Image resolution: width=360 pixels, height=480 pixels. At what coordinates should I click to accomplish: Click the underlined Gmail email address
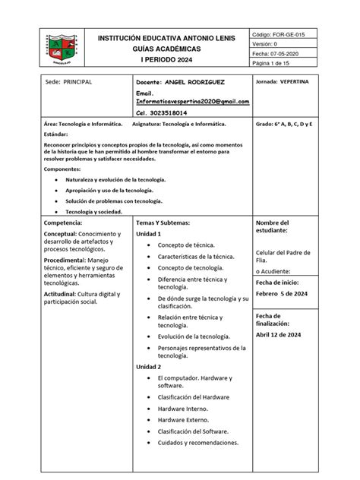point(192,100)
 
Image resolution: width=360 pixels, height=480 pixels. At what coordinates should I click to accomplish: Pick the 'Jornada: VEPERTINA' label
point(282,81)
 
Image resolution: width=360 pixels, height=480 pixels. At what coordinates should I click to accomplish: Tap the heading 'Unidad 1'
point(149,235)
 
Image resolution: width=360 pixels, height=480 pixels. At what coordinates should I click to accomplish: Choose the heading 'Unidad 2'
point(149,367)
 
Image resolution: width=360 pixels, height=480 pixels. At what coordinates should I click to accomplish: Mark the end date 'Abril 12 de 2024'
point(278,334)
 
